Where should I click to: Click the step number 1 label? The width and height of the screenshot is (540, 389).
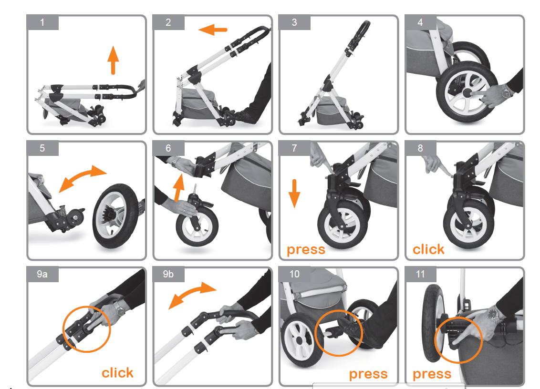point(42,22)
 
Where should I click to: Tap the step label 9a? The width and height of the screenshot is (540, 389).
point(42,274)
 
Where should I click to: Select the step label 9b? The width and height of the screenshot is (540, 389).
point(168,274)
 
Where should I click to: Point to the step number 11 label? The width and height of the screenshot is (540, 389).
point(420,274)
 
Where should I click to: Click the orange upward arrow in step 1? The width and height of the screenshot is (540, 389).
point(113,60)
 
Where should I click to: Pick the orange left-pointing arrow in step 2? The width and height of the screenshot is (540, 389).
point(213,30)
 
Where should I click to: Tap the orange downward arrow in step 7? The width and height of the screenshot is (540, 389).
point(294,194)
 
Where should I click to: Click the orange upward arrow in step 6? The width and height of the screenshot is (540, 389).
point(178,188)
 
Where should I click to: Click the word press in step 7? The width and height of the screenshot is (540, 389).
point(306,250)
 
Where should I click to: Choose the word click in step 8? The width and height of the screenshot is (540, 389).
point(428,249)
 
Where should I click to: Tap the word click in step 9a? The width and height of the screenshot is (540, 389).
point(117,372)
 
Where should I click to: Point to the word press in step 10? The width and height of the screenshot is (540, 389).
point(368,374)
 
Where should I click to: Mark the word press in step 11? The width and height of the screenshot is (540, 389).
point(432,374)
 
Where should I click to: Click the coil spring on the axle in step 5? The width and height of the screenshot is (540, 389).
point(62,210)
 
